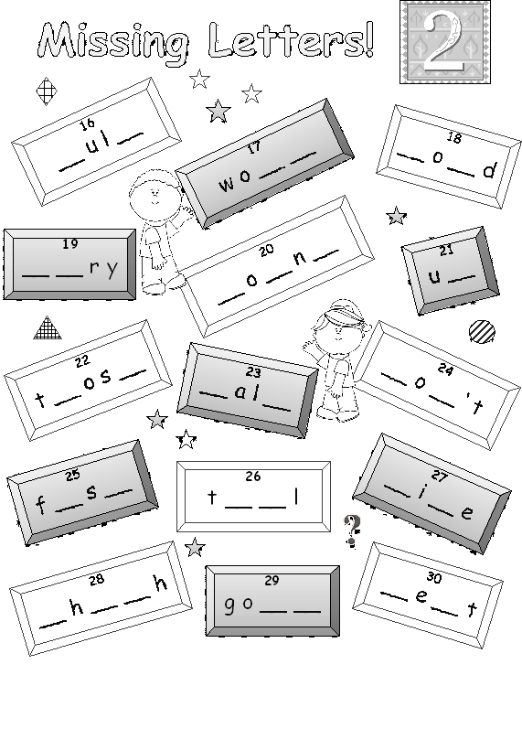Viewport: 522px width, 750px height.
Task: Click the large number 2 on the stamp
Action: (x=445, y=42)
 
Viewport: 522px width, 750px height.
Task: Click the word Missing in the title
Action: (x=113, y=42)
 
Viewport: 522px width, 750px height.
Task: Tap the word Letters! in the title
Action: (x=291, y=39)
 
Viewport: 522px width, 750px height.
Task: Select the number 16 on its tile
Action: (x=87, y=124)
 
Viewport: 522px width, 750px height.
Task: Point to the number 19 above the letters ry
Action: (x=69, y=244)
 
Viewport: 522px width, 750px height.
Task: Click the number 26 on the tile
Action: (x=253, y=476)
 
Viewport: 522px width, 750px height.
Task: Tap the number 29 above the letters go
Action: (x=271, y=580)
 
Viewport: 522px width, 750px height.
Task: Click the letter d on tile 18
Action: (x=489, y=170)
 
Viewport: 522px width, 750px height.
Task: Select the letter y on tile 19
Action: (x=112, y=268)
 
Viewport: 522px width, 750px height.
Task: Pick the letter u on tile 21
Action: (x=434, y=276)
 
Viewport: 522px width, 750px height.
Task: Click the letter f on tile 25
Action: (x=41, y=505)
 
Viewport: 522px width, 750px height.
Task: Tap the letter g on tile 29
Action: (x=229, y=605)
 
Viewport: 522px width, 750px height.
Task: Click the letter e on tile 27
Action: (x=467, y=512)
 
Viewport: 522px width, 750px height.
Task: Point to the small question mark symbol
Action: (x=352, y=530)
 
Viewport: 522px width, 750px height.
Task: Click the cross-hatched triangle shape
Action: (x=48, y=328)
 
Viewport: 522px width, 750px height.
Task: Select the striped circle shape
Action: (x=482, y=331)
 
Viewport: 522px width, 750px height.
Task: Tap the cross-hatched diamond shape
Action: (x=48, y=91)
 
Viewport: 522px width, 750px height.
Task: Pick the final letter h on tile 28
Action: (x=161, y=584)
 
